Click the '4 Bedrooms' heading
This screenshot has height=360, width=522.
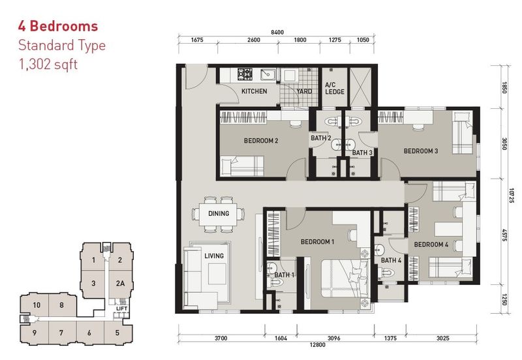pyautogui.click(x=59, y=27)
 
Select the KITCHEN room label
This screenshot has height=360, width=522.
pyautogui.click(x=254, y=91)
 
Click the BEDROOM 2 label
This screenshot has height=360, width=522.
pyautogui.click(x=261, y=140)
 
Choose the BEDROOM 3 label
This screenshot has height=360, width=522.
pyautogui.click(x=420, y=151)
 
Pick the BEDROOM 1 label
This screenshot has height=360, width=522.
pyautogui.click(x=317, y=242)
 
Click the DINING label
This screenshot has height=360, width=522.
pyautogui.click(x=218, y=214)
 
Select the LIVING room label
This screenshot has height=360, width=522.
pyautogui.click(x=213, y=256)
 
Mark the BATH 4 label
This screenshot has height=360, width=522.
pyautogui.click(x=391, y=261)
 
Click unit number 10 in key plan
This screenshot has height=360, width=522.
pyautogui.click(x=38, y=305)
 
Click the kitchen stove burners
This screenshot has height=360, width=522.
pyautogui.click(x=245, y=74)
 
